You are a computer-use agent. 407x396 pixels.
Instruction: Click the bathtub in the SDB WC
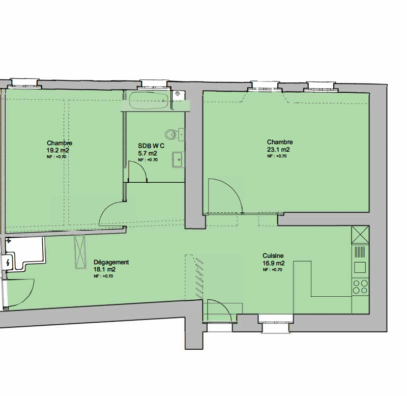coord(149,101)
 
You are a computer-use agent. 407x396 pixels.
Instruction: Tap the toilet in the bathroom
coord(175,134)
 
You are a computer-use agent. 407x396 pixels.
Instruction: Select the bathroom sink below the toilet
coord(178,160)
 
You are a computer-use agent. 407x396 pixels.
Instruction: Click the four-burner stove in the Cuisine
coord(360,287)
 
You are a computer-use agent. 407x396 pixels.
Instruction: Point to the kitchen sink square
coord(360,267)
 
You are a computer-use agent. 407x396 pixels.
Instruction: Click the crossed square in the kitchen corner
coord(360,235)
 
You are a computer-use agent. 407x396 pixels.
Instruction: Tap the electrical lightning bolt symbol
coord(8,263)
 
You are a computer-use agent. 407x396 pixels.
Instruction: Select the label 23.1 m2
coord(278,150)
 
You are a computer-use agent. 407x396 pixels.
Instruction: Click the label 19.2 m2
coord(58,150)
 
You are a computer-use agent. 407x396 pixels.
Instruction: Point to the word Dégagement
coord(111,262)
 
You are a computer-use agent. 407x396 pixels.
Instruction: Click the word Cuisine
coord(273,256)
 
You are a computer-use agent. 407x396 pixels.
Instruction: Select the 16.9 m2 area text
coord(274,263)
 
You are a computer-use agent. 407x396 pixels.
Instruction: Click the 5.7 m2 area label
coord(148,154)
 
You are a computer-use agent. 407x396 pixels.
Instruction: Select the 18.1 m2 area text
coord(105,270)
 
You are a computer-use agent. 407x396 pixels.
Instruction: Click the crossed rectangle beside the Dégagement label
coord(80,252)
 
